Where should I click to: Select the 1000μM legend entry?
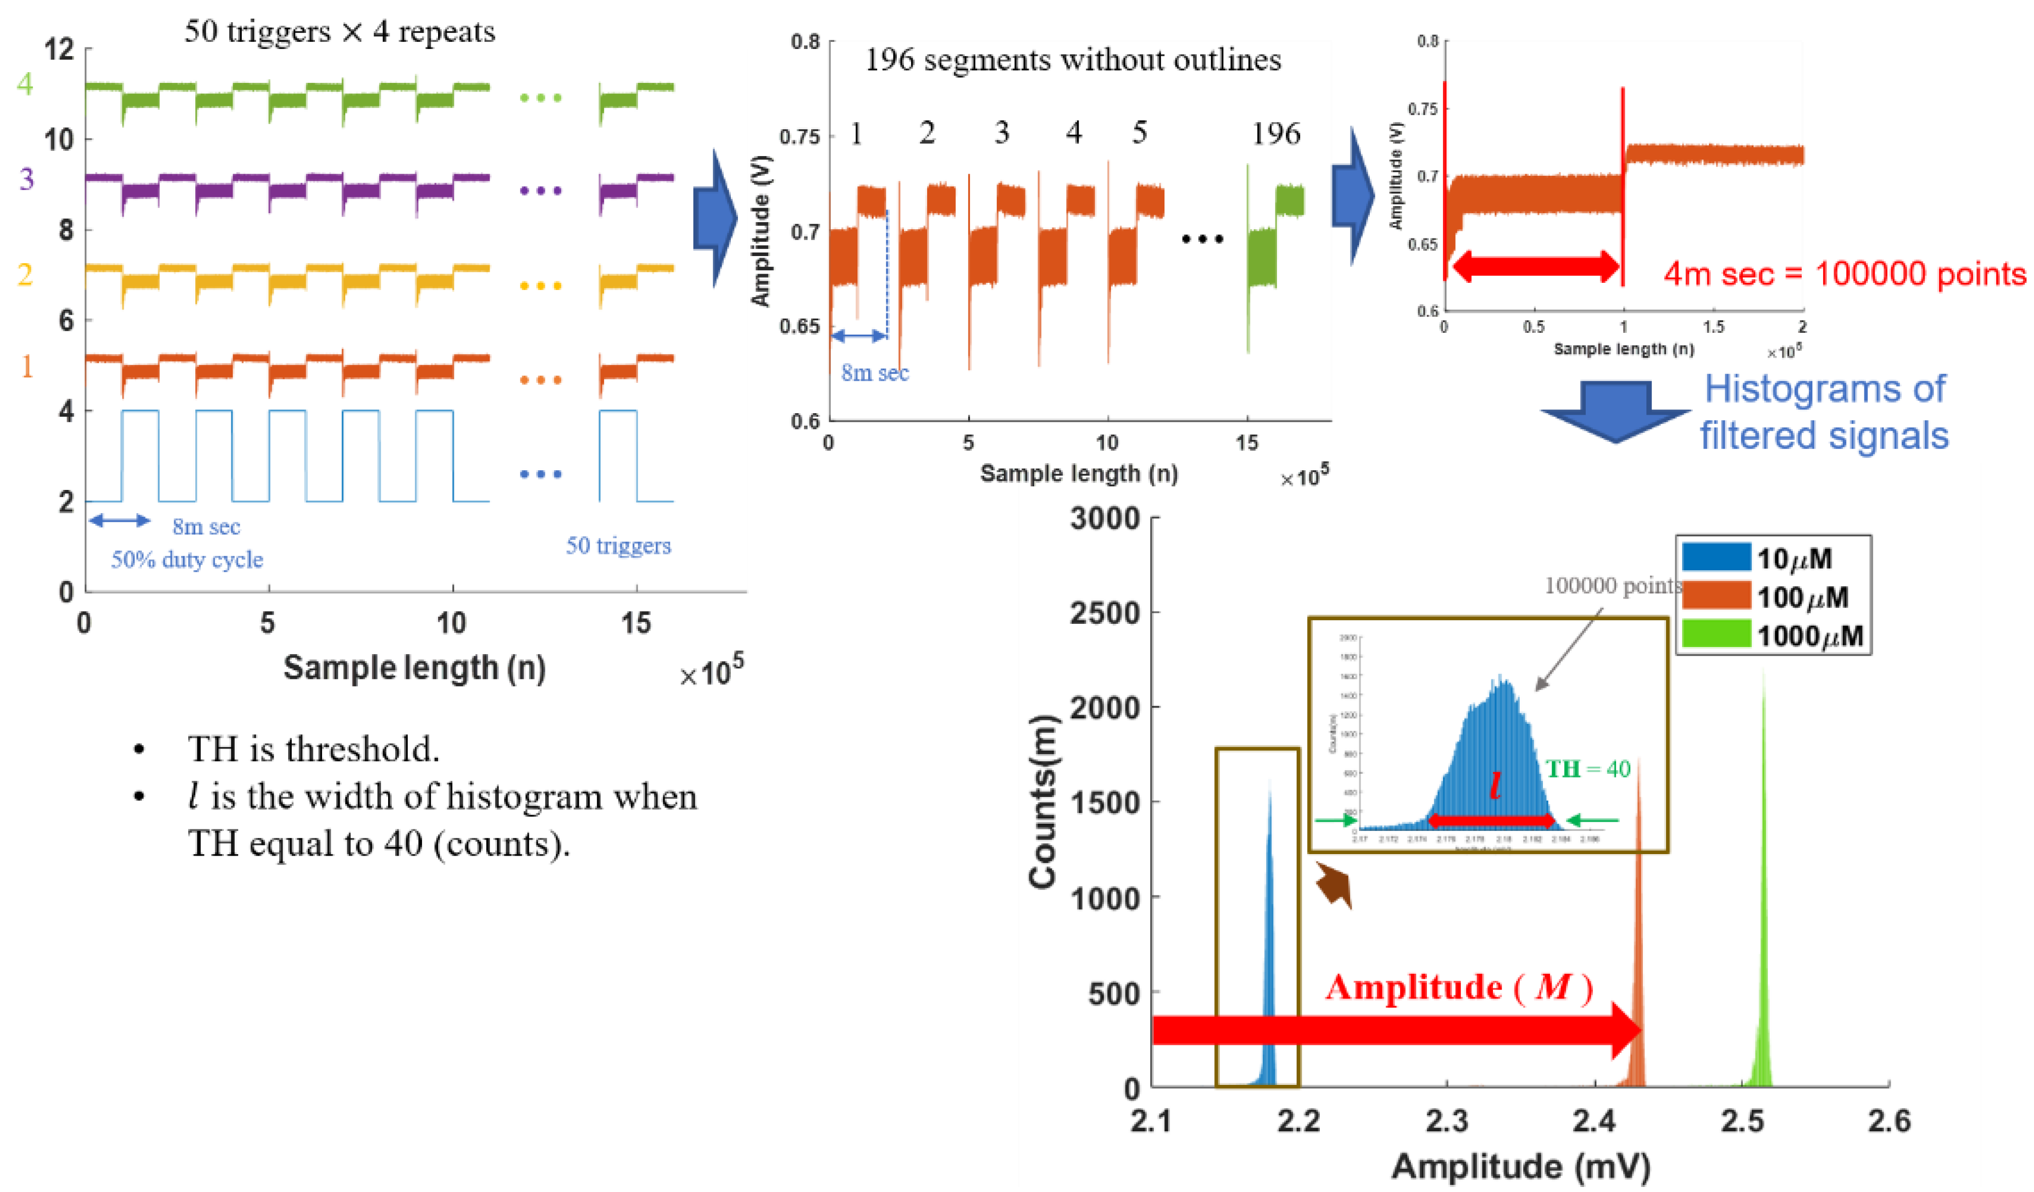[x=1772, y=635]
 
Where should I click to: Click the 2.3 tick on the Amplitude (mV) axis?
[x=1447, y=1120]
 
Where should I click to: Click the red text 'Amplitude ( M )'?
[x=1458, y=987]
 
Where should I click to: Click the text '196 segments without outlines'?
[x=1073, y=60]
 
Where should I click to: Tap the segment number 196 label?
[x=1275, y=133]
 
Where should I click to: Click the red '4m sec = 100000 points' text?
[x=1844, y=274]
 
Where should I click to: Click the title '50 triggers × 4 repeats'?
[x=339, y=31]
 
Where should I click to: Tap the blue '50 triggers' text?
[x=617, y=546]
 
